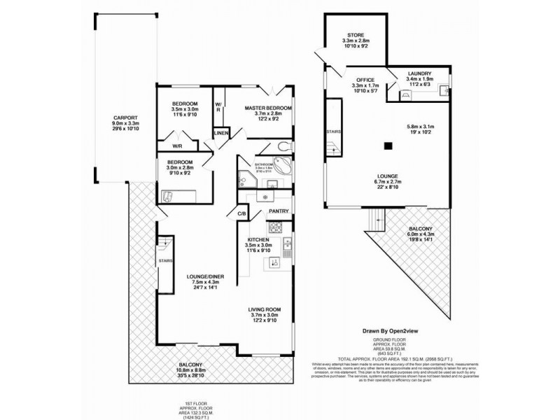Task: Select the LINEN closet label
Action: click(220, 132)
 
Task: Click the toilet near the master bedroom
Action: click(283, 146)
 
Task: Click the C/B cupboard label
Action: click(241, 213)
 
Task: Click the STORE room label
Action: click(355, 35)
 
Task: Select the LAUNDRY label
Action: click(419, 73)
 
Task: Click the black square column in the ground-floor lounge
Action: click(387, 146)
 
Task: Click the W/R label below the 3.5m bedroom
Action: click(177, 146)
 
